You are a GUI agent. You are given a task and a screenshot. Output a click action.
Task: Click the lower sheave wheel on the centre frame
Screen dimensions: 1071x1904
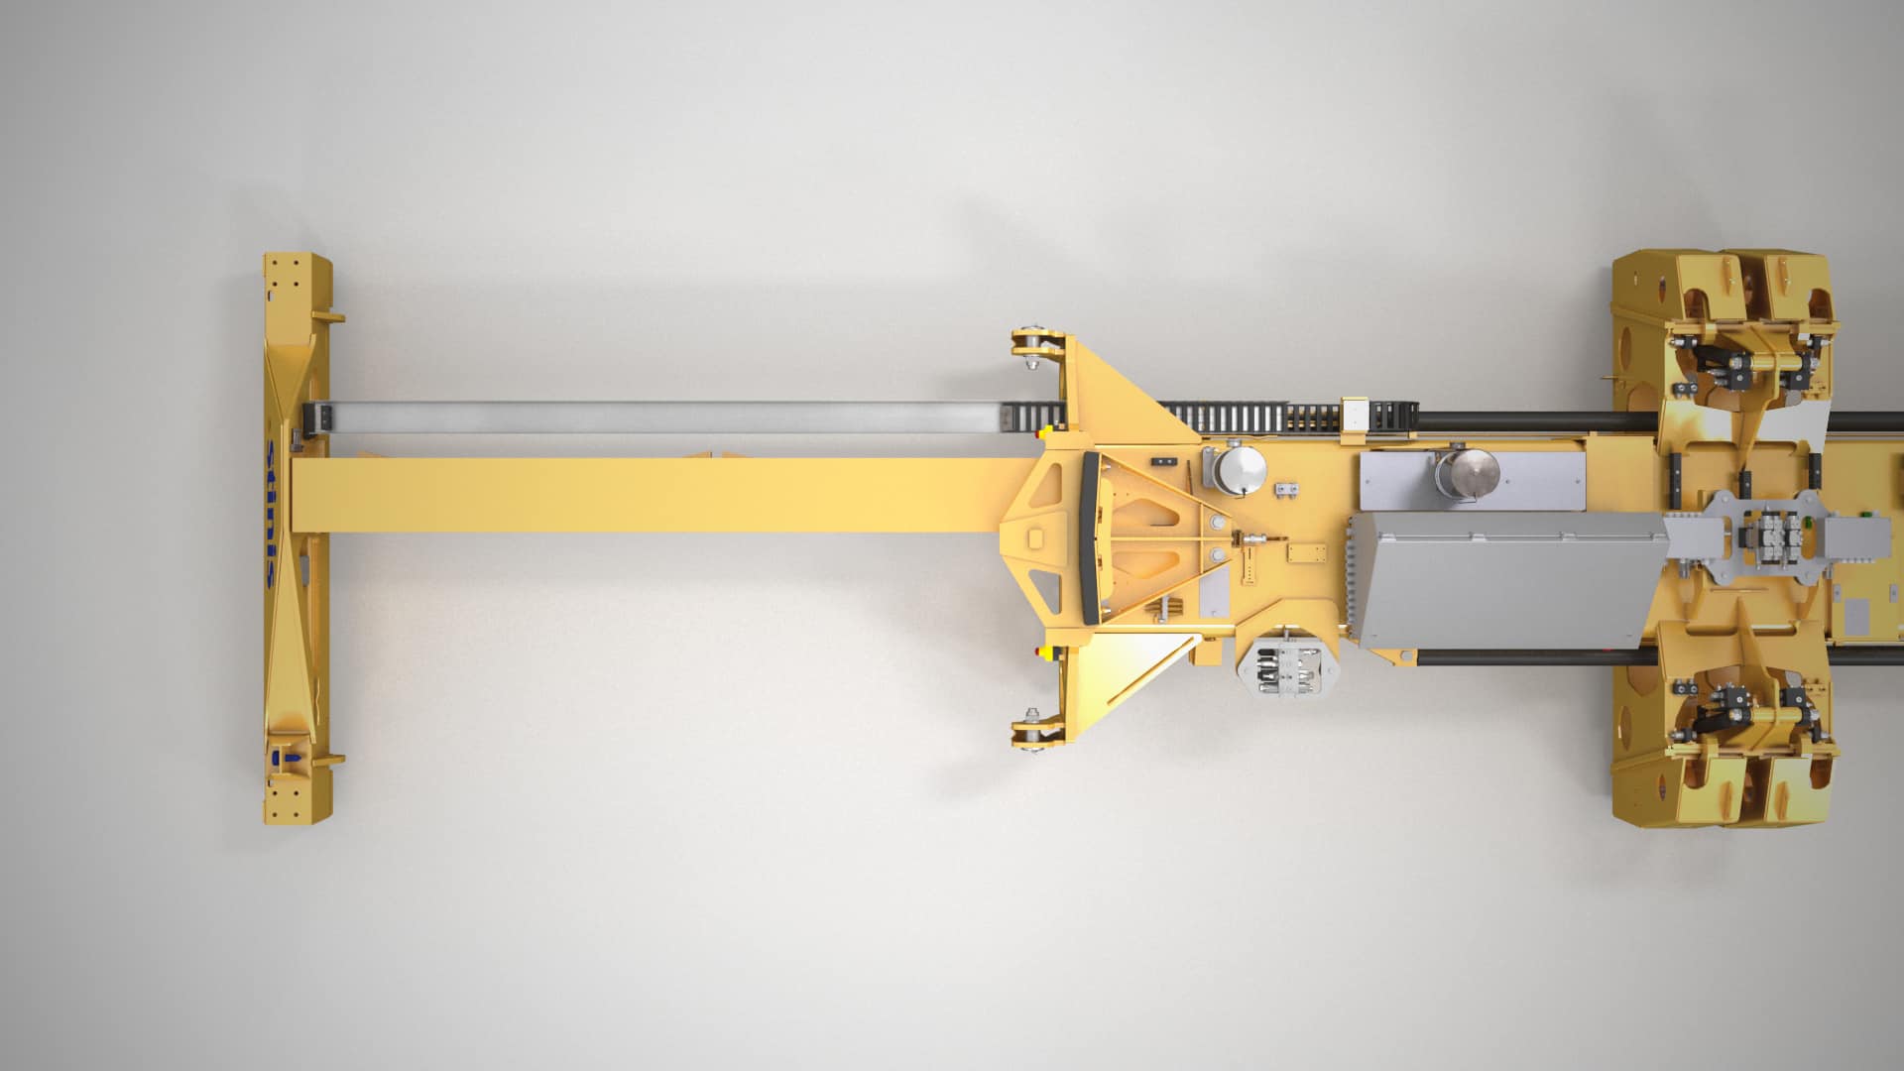(x=1031, y=732)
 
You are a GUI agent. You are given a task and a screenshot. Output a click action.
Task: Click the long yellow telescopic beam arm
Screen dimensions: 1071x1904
(x=654, y=495)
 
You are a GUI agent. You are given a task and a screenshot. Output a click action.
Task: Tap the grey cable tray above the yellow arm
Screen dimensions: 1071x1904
(x=654, y=417)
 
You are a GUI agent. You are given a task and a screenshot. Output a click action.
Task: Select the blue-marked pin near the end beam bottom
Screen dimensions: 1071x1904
(x=288, y=759)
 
